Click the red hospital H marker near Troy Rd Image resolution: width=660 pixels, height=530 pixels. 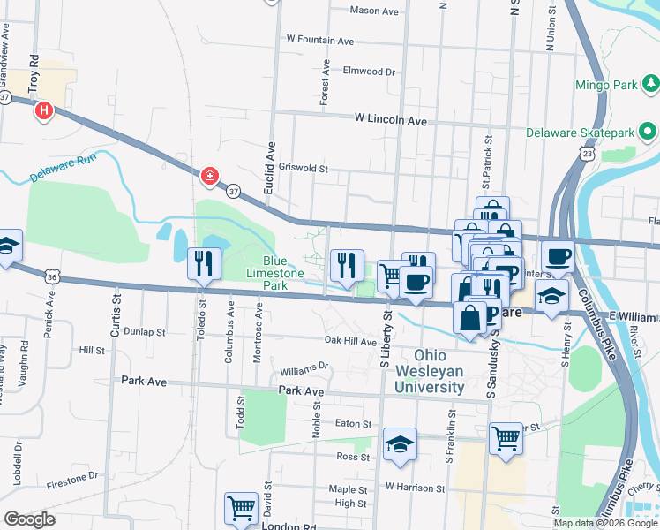(x=43, y=111)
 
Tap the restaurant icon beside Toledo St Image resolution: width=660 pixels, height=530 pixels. (x=203, y=263)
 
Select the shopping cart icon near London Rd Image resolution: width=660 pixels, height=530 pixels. (x=241, y=508)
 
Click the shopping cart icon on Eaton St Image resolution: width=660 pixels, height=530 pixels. (x=506, y=437)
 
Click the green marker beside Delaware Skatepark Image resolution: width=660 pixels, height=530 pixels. (x=649, y=132)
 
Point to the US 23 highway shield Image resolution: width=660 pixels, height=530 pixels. (x=587, y=154)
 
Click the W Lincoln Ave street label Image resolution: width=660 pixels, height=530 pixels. (x=391, y=119)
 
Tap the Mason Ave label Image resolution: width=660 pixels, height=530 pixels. (x=374, y=11)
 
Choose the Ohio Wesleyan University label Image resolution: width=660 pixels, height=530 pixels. (x=430, y=372)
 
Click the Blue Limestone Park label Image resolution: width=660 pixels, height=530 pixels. (x=274, y=274)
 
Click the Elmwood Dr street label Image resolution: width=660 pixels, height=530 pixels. (x=370, y=71)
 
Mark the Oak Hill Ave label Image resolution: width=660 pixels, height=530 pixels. (x=350, y=340)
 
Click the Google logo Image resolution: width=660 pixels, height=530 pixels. (x=29, y=519)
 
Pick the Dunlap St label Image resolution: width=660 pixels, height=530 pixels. (x=145, y=332)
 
